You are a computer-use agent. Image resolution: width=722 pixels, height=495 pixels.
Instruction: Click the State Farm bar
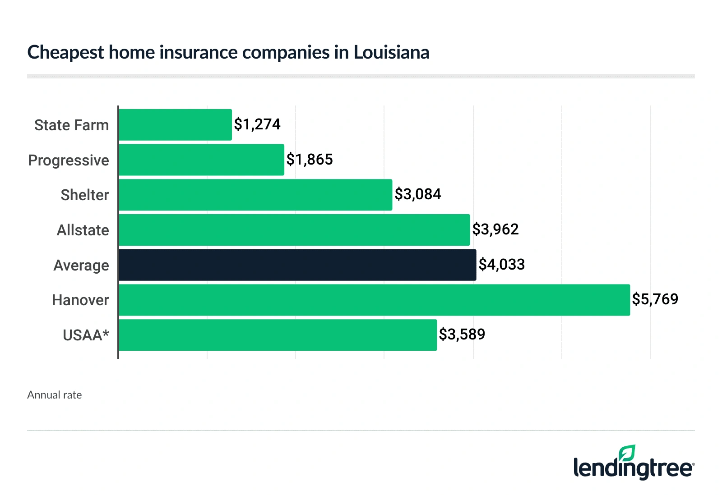click(175, 125)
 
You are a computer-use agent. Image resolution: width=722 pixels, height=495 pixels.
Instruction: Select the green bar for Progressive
click(201, 160)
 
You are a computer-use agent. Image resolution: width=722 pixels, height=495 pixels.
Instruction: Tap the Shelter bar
click(255, 195)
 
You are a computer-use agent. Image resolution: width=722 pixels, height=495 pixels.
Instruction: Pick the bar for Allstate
click(294, 230)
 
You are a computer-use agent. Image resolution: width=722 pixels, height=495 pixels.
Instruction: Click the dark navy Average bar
click(297, 265)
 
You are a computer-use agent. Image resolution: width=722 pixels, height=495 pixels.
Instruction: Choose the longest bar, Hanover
click(374, 300)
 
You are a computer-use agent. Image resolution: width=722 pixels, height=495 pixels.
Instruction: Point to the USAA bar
click(278, 335)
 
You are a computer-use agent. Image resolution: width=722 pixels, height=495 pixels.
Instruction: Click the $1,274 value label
click(257, 124)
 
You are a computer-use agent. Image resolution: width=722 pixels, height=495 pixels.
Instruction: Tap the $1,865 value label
click(310, 159)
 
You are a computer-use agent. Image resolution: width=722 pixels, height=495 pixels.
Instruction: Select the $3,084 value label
click(418, 194)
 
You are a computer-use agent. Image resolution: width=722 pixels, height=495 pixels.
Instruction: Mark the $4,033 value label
click(502, 264)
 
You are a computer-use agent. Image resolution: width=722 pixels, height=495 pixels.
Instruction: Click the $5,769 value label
click(655, 299)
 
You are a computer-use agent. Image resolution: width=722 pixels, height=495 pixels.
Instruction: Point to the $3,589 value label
click(462, 334)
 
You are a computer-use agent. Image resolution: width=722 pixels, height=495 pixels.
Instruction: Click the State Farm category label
click(71, 125)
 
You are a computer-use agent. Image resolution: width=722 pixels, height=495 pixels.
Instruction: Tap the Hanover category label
click(80, 300)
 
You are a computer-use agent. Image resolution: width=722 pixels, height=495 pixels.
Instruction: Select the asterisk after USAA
click(106, 333)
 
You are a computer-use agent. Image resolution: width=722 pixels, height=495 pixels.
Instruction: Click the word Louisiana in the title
click(391, 52)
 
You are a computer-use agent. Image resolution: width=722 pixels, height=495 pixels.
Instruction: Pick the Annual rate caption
click(55, 395)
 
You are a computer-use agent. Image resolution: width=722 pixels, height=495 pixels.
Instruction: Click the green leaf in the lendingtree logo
click(627, 453)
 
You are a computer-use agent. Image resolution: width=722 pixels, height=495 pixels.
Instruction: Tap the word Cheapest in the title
click(66, 53)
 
